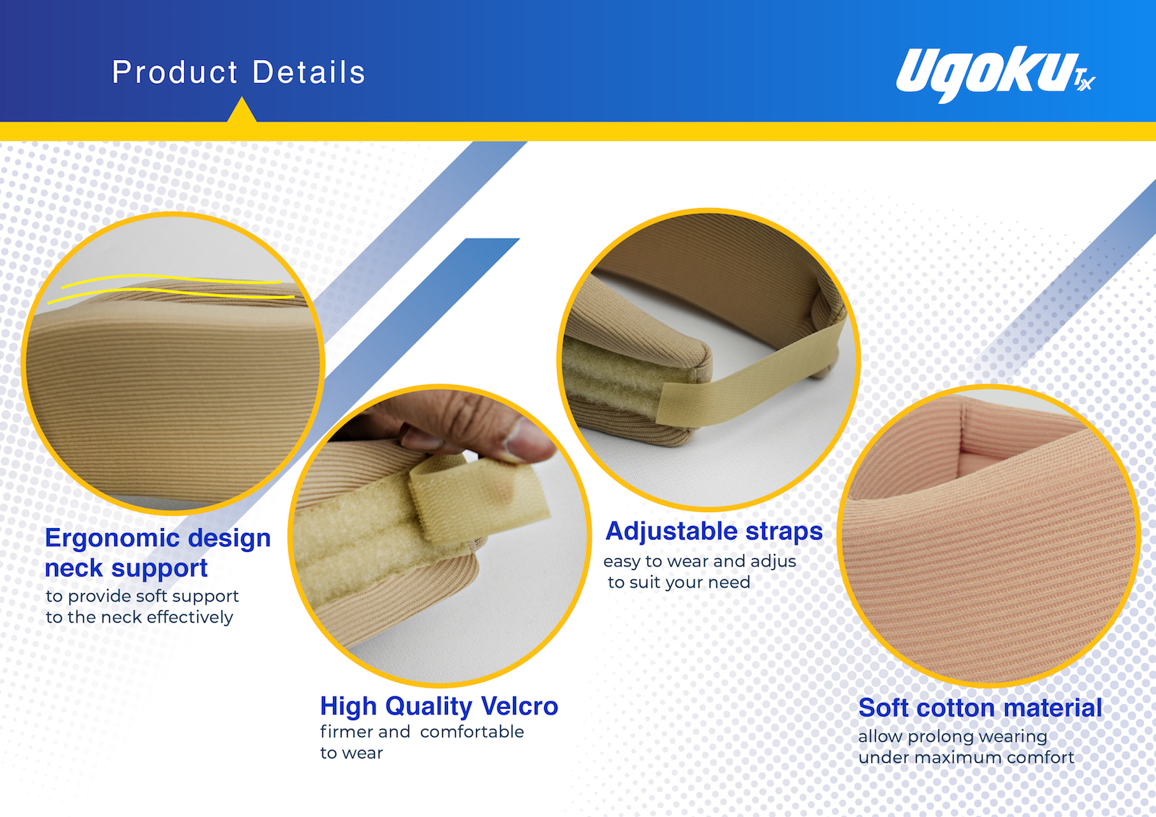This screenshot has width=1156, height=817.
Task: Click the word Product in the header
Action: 174,72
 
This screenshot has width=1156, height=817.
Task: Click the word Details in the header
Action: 309,72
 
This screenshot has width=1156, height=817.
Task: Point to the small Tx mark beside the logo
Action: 1084,80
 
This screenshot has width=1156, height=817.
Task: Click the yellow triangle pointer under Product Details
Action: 241,111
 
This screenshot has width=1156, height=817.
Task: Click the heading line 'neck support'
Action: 126,569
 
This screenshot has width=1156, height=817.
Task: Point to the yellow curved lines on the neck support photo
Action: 171,288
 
